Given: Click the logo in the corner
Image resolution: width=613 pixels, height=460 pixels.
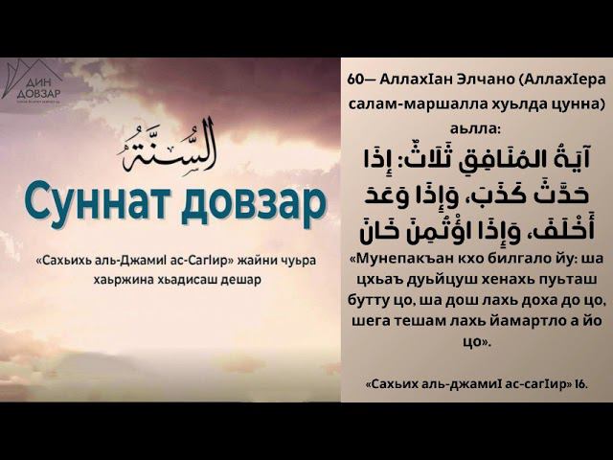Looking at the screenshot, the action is tap(32, 82).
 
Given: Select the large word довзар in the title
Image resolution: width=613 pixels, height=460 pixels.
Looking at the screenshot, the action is tap(253, 204).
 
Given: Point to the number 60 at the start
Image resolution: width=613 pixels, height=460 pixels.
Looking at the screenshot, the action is tap(355, 80).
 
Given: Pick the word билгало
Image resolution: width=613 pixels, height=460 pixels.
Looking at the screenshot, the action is tap(502, 259).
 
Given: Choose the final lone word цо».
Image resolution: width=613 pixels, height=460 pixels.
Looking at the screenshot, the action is tap(476, 342).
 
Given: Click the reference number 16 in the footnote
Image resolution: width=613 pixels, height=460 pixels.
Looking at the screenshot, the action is tap(581, 384).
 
